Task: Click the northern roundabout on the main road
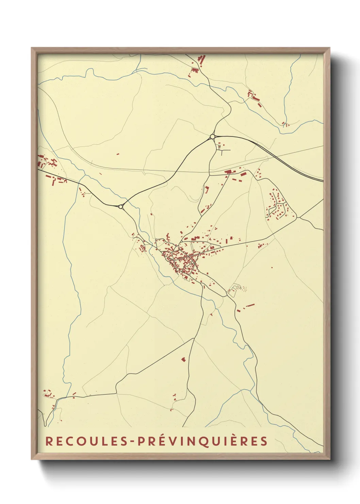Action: click(213, 137)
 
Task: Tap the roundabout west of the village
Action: click(120, 206)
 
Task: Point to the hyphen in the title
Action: click(132, 441)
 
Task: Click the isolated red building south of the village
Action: click(183, 359)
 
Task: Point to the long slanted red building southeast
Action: click(250, 305)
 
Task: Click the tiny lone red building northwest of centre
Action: click(118, 154)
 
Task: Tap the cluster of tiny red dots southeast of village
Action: click(244, 289)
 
